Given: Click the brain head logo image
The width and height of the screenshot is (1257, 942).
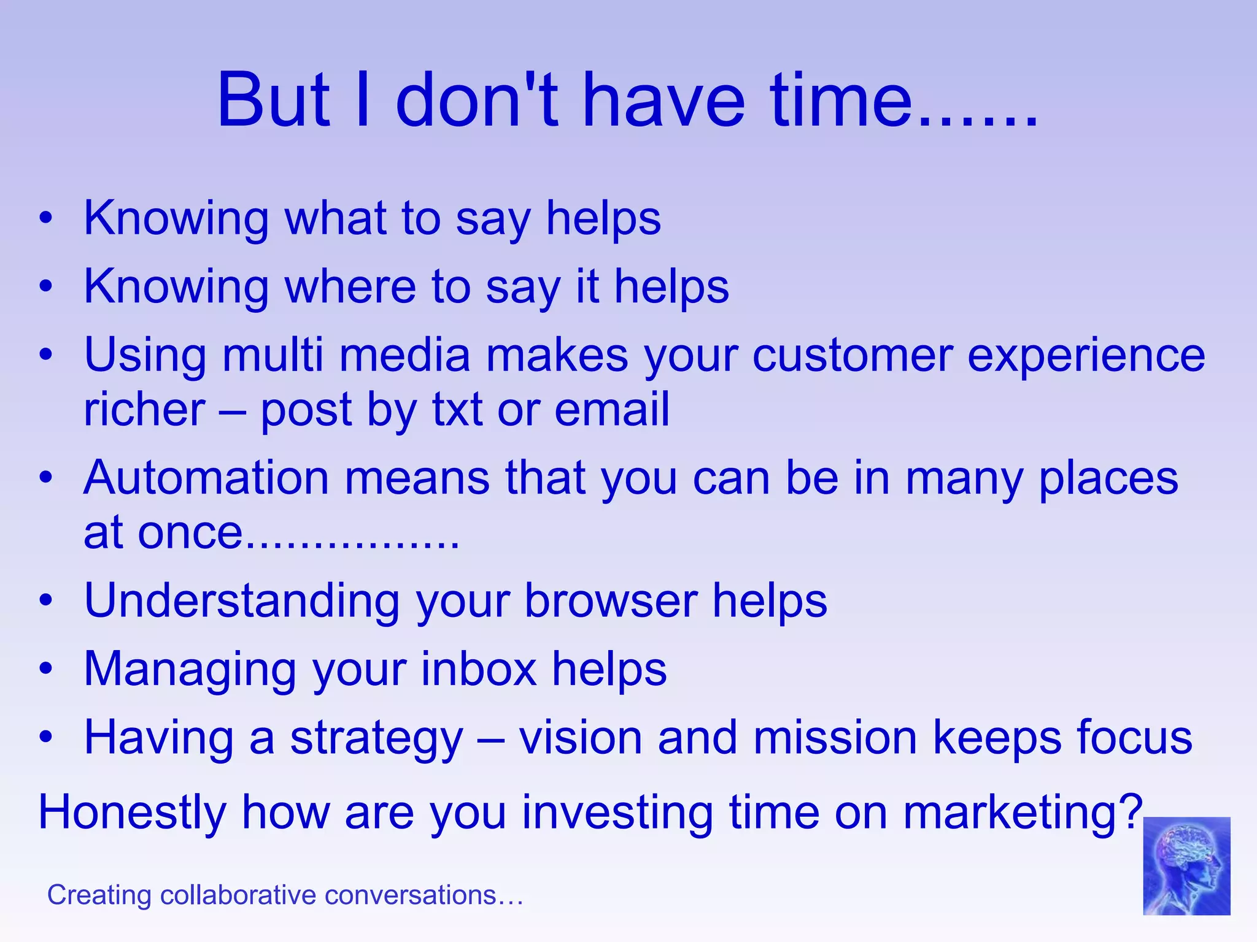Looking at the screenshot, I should pos(1186,865).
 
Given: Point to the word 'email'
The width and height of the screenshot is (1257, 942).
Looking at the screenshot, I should pos(612,410).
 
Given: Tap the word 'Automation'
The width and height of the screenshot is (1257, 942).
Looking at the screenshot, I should pos(207,478).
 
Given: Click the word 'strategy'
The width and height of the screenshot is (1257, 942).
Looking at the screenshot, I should pos(376,738).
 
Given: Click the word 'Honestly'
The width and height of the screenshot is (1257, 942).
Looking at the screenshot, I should pos(133,813).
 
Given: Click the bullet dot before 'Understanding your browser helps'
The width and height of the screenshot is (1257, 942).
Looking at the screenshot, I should pos(46,601).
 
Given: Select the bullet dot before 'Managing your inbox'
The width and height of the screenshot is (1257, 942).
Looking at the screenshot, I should pos(46,669).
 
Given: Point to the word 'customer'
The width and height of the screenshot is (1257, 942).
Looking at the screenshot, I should pos(853,355).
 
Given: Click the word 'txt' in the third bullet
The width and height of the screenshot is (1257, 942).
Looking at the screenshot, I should pos(457,410).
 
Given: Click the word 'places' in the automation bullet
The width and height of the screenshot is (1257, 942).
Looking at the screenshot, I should pos(1108,479).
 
